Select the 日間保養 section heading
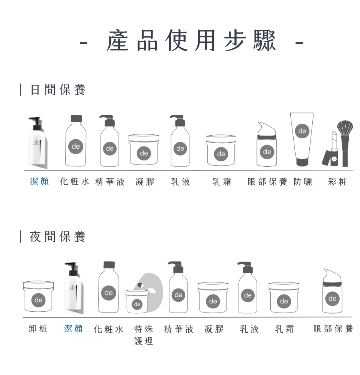coord(58,90)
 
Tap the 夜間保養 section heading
coord(58,237)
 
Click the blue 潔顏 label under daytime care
coord(39,182)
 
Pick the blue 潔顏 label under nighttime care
coord(73,329)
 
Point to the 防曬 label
coord(303,182)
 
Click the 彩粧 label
coord(337,182)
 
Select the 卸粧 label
coord(38,329)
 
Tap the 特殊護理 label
coord(144,335)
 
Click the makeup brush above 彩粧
coord(345,142)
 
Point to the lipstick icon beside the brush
coord(333,150)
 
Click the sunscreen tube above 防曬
coord(302,139)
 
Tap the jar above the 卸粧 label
coord(38,297)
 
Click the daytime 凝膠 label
coord(145,182)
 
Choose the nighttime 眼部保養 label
coord(333,329)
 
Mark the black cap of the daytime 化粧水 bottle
coord(76,118)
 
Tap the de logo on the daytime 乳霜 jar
coord(221,154)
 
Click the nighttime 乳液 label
coord(249,329)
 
